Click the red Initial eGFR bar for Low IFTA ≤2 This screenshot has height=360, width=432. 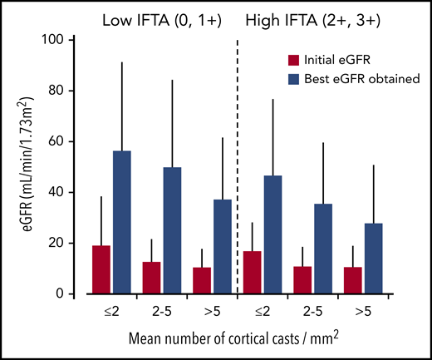(101, 269)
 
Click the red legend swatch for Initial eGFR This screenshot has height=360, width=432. (293, 61)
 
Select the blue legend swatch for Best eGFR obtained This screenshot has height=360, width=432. (293, 77)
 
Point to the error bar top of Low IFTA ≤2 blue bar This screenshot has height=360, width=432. (122, 62)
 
